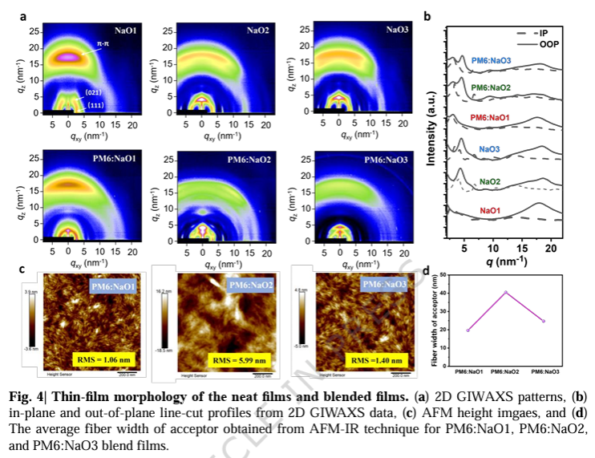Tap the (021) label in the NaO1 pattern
pyautogui.click(x=92, y=94)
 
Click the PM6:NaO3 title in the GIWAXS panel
pyautogui.click(x=387, y=160)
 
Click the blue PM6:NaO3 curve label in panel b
pyautogui.click(x=492, y=60)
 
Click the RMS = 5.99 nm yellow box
pyautogui.click(x=226, y=359)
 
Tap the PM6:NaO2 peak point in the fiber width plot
pyautogui.click(x=505, y=292)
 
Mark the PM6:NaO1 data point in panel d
pyautogui.click(x=467, y=330)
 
